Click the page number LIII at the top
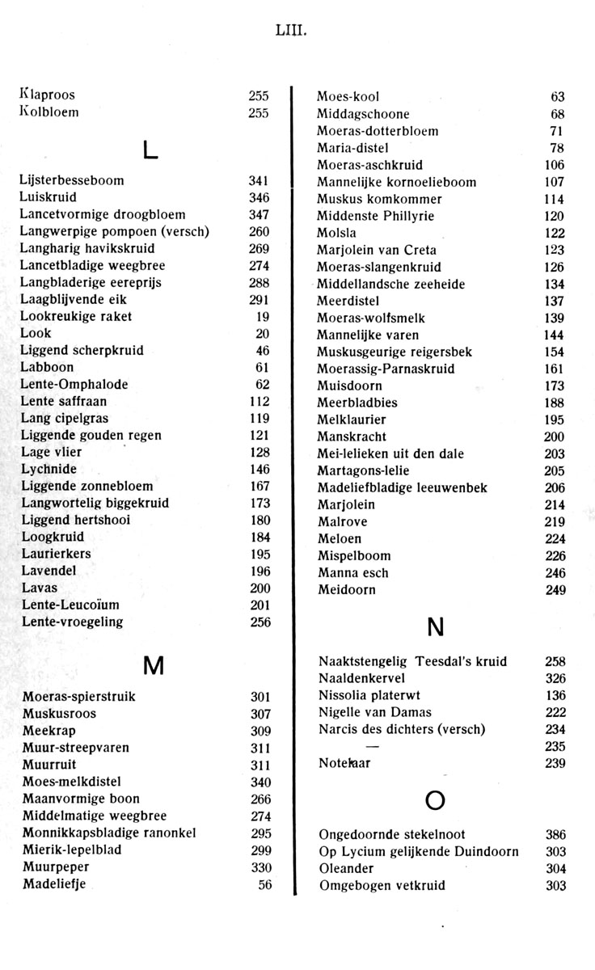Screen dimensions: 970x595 [293, 32]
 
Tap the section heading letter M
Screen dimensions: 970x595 [153, 665]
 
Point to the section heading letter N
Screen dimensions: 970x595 [436, 626]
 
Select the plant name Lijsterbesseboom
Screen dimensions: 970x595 [72, 180]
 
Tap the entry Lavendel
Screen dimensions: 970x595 [49, 571]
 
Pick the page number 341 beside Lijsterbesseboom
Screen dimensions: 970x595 [258, 180]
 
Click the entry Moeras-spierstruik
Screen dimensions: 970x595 [78, 697]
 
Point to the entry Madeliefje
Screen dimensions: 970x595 [54, 884]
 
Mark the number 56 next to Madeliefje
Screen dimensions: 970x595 [264, 884]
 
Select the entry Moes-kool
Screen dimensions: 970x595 [348, 97]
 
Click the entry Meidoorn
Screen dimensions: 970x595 [346, 590]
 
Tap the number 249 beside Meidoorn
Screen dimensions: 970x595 [555, 590]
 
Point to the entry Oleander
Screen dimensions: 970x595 [346, 868]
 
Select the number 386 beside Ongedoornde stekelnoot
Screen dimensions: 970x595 [555, 834]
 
